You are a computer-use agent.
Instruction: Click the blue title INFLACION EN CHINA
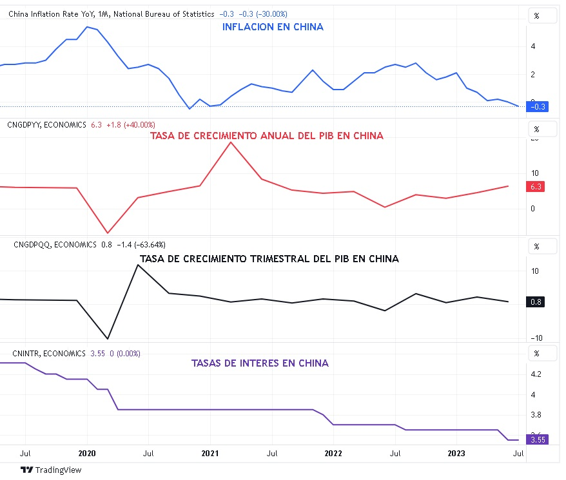273,27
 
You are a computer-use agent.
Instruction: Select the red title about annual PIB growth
266,136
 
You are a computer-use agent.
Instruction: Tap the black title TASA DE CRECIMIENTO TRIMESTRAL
269,259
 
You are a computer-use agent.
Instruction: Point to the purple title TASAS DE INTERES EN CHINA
260,363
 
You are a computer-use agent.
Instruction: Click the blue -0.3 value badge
537,107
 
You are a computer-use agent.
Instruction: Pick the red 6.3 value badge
536,186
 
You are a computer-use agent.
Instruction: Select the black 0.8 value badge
536,302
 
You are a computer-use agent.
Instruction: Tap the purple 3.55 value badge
536,440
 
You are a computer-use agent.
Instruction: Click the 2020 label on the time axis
87,454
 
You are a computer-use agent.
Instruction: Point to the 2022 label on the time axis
333,454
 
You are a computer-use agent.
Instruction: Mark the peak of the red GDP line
231,142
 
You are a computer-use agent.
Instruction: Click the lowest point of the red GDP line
108,233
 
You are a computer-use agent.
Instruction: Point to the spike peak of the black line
137,265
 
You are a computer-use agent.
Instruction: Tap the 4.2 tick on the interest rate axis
536,374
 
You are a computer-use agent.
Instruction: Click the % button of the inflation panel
536,15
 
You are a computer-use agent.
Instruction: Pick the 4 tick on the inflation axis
532,46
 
